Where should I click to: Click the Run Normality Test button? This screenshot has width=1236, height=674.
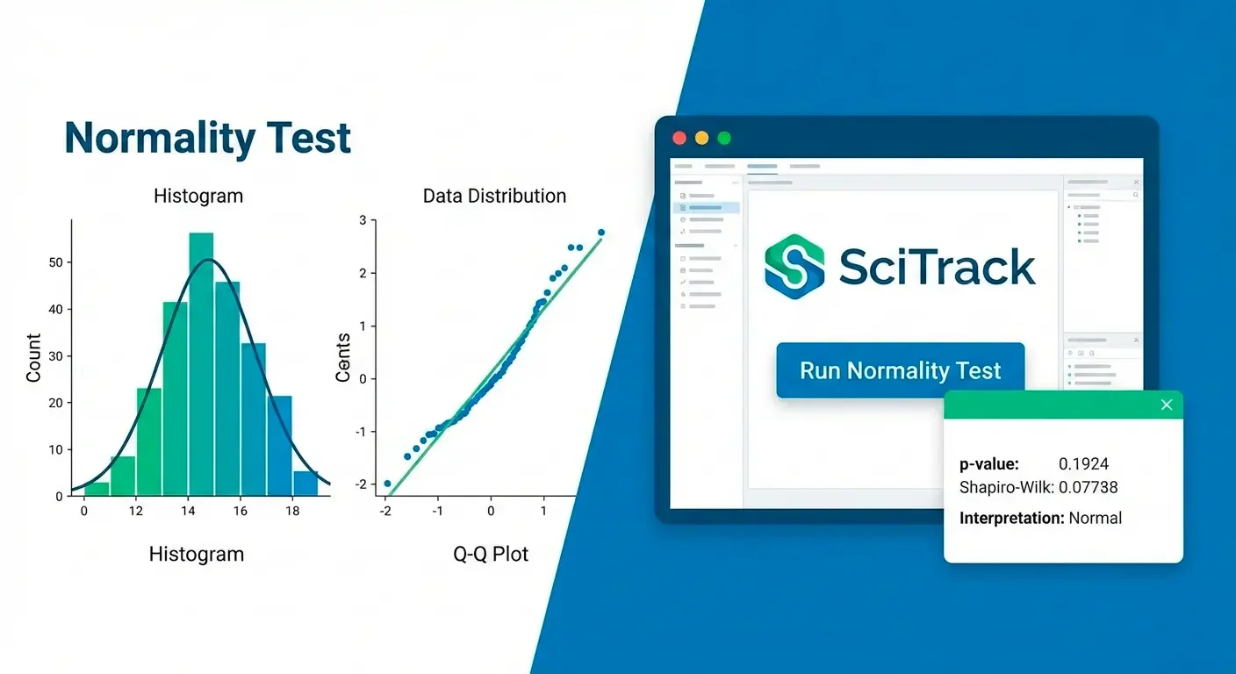(900, 370)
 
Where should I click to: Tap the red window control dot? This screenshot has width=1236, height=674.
(679, 138)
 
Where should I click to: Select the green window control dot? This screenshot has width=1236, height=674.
(724, 138)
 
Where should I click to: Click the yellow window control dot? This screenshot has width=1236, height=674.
(701, 138)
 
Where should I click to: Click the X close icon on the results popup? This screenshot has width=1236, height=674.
(1166, 405)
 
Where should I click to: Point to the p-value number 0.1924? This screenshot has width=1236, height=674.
(1084, 464)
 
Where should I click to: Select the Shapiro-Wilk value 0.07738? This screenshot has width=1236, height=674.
(1089, 487)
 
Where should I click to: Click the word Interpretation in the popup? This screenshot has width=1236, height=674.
(1011, 518)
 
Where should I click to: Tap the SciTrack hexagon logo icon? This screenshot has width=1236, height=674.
(794, 267)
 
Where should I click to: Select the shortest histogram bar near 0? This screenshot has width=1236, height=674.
(97, 489)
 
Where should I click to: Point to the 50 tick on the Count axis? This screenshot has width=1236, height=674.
(56, 262)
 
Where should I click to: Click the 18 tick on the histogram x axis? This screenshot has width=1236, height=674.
(292, 511)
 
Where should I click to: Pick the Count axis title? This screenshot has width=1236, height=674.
(33, 357)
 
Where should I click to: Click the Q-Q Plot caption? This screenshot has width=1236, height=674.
(491, 554)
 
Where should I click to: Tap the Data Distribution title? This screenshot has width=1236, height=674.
(494, 196)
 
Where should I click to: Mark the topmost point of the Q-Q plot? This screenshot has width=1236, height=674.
(601, 233)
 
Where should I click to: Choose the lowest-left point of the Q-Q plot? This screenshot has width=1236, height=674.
(387, 484)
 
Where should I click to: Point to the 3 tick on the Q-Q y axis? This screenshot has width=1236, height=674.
(363, 220)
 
